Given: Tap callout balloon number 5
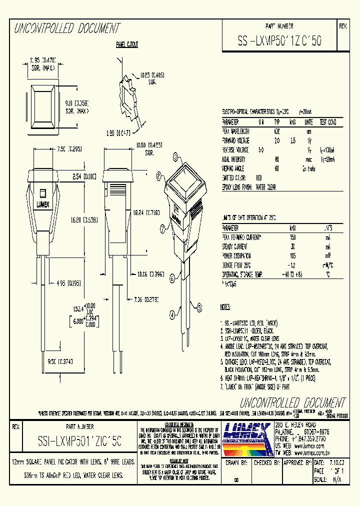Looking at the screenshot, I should tap(199, 307).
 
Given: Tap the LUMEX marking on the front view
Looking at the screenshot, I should tap(43, 204).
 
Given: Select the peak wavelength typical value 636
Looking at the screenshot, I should tap(276, 131).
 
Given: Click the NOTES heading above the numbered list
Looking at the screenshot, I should tap(226, 305).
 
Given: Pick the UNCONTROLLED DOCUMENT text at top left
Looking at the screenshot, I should tap(66, 28).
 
